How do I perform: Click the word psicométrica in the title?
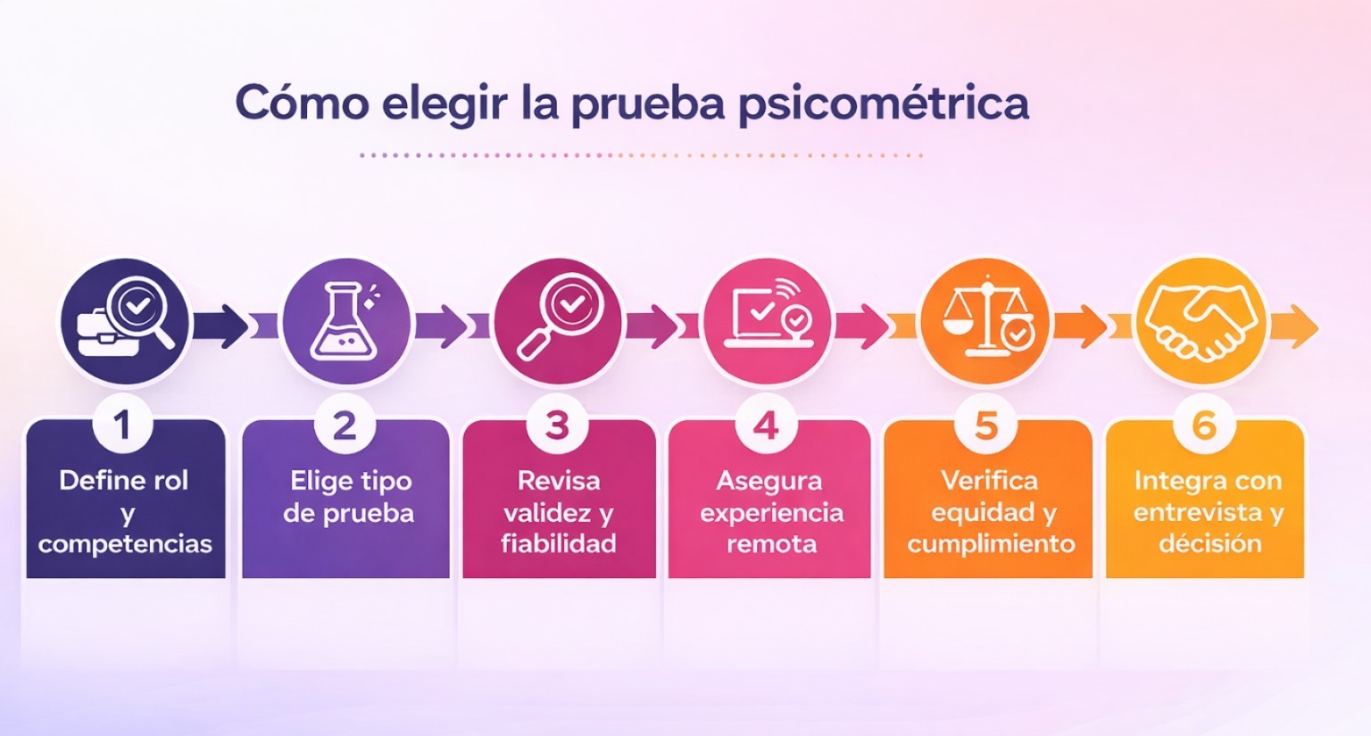point(883,104)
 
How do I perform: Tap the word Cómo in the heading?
point(301,103)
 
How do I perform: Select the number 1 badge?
point(123,426)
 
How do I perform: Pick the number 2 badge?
point(345,426)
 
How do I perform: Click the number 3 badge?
point(558,426)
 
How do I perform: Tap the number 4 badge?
point(766,426)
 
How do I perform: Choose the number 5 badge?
point(985,426)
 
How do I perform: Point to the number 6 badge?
point(1204,426)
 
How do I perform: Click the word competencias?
point(125,544)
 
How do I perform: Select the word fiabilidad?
point(558,543)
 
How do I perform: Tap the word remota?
point(771,543)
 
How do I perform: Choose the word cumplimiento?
point(991,543)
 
